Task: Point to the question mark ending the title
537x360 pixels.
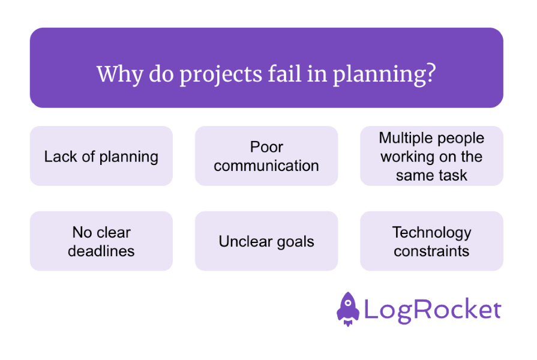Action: (x=431, y=74)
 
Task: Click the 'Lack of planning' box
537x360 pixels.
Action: (x=101, y=157)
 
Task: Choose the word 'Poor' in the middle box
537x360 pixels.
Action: (x=266, y=147)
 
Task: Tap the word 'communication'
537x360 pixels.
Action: (x=266, y=166)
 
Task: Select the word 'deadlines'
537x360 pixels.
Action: (x=101, y=251)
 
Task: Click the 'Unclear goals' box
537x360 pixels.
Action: (x=266, y=242)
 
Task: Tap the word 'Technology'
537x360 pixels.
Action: (x=431, y=232)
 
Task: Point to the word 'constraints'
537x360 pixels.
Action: (x=431, y=251)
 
